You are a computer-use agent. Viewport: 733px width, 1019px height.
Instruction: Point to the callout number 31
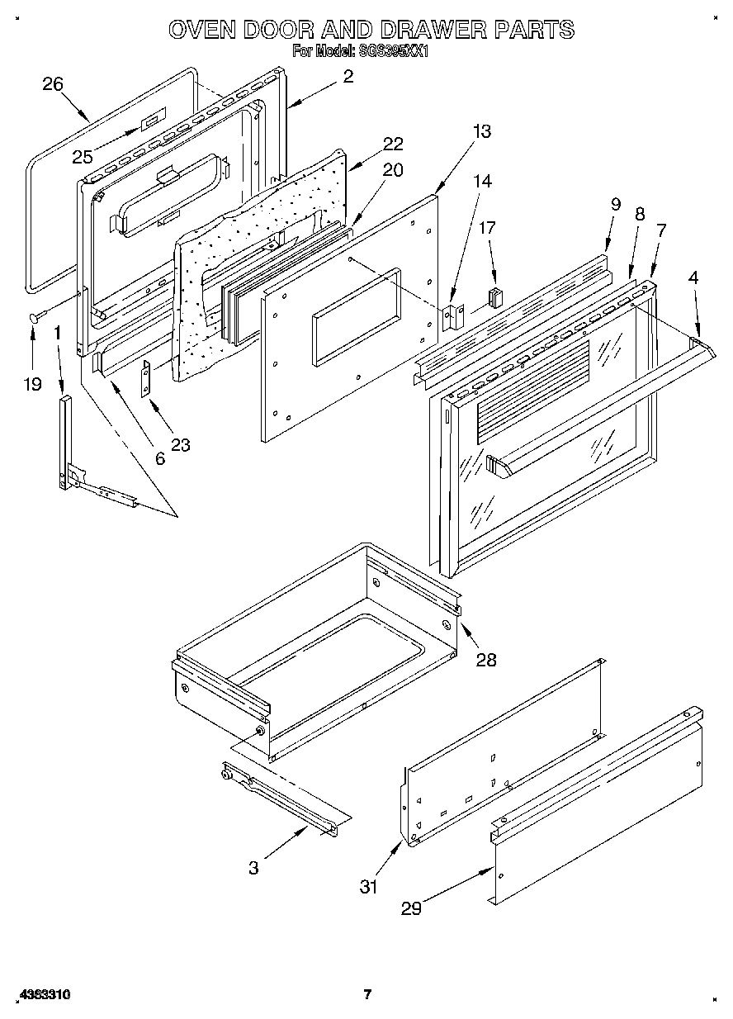click(368, 887)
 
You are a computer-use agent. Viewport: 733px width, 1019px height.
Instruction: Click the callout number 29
click(411, 908)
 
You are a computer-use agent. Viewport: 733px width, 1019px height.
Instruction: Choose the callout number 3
click(253, 868)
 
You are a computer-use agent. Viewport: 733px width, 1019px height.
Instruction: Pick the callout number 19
click(32, 384)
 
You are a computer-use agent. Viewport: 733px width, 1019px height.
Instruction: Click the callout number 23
click(180, 445)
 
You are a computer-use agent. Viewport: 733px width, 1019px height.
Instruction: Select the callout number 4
click(693, 278)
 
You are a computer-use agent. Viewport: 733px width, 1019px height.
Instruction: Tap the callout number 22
click(393, 143)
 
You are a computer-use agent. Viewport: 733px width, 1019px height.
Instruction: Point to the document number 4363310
click(40, 995)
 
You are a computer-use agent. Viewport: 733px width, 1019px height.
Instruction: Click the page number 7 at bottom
click(368, 995)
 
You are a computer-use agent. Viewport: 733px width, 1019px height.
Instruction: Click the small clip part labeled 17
click(495, 296)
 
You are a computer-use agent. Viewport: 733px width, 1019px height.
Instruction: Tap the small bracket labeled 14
click(452, 317)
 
